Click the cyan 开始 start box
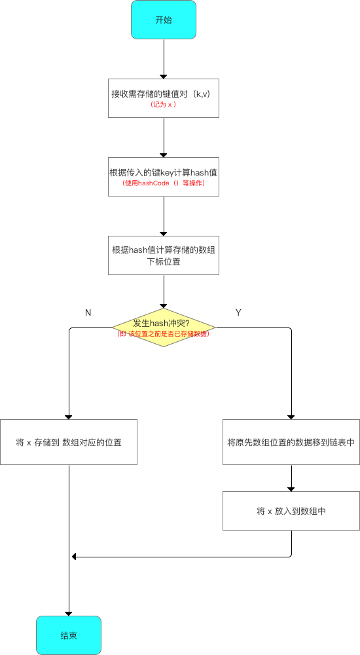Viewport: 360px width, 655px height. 164,20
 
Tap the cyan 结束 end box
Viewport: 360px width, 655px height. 69,635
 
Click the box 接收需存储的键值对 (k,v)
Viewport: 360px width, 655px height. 164,98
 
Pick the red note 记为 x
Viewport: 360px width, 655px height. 164,105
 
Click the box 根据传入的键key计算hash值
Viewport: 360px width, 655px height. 164,176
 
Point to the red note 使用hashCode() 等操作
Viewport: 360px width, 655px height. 164,183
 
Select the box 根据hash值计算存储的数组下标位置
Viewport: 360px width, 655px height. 164,255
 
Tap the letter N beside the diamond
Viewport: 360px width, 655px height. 88,312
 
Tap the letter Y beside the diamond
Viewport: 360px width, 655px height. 238,312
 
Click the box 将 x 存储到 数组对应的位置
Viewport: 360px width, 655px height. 69,442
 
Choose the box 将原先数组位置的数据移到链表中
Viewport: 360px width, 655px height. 291,442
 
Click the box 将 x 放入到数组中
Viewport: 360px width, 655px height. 291,511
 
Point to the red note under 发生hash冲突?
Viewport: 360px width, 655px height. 164,333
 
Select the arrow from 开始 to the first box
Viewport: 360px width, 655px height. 164,59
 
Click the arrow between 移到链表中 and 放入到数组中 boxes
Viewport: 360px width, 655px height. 291,479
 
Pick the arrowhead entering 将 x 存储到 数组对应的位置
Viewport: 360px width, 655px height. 69,416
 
